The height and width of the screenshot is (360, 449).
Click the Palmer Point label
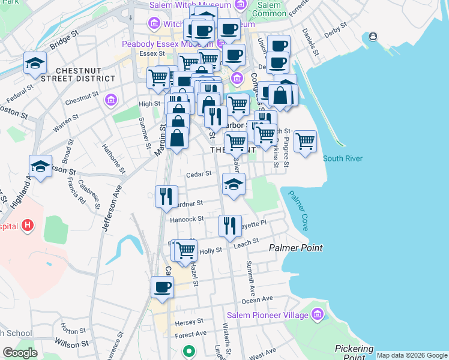coord(295,248)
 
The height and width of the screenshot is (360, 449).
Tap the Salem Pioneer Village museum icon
coord(318,314)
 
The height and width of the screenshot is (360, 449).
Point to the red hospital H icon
coord(27,226)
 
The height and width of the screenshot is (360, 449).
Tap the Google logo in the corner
coord(20,353)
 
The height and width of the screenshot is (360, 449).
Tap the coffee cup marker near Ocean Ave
coord(162,287)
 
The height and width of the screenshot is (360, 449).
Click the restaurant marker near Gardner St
coord(166,196)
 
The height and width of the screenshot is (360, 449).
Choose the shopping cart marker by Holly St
coord(186,250)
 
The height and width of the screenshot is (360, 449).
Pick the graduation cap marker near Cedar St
coord(234,184)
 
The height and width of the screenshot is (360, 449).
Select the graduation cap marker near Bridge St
coord(35,63)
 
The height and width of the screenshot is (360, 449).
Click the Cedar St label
coord(199,174)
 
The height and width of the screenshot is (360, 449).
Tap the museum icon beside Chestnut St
coord(110,100)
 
